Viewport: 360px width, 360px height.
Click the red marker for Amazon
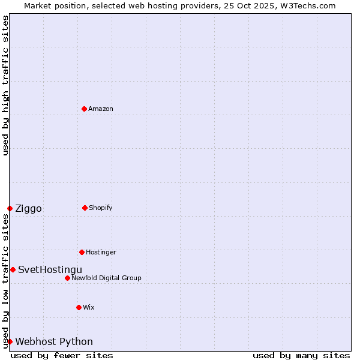[x=84, y=109]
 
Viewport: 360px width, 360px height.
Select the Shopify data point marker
[x=85, y=208]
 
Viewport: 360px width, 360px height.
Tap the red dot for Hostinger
[x=82, y=252]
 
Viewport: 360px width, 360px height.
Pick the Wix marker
[x=79, y=307]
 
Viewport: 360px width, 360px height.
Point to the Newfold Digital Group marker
[x=67, y=278]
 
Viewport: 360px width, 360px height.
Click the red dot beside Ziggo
[x=10, y=208]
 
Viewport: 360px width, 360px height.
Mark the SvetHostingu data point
[x=13, y=269]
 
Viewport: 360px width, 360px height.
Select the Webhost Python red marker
[x=10, y=341]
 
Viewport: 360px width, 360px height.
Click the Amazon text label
[x=101, y=109]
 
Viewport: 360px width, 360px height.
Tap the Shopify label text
[x=101, y=208]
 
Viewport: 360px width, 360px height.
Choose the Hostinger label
[x=101, y=252]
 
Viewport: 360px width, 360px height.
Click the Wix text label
[x=89, y=307]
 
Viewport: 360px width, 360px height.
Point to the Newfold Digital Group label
[x=106, y=278]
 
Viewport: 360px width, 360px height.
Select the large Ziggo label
[x=28, y=208]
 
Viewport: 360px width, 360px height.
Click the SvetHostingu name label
[x=50, y=269]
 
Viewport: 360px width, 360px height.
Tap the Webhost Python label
[x=54, y=341]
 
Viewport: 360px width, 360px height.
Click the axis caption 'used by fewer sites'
[x=62, y=355]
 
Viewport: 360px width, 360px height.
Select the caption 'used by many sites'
[x=301, y=355]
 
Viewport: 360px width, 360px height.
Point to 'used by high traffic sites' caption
[x=5, y=85]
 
